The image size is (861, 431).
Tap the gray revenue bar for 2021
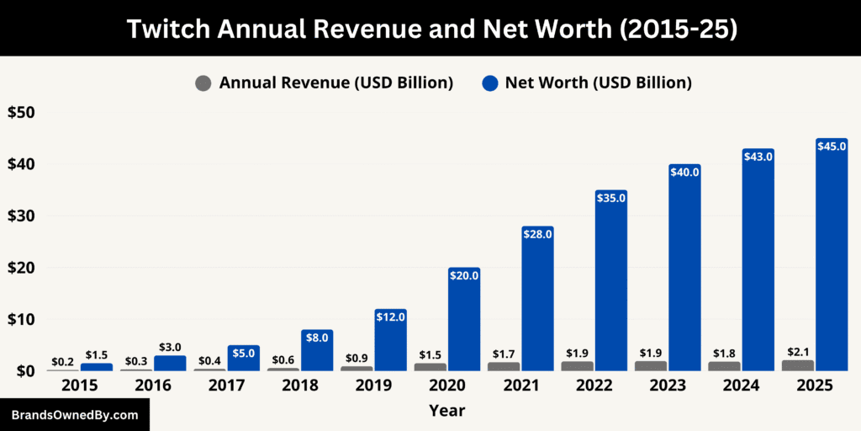point(504,366)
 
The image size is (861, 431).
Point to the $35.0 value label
point(610,198)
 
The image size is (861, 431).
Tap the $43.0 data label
point(758,157)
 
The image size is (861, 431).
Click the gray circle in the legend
point(203,82)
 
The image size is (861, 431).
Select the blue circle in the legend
point(491,82)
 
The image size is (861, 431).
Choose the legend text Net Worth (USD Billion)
point(598,82)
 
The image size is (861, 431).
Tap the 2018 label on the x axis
point(300,386)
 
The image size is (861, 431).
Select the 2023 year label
point(668,386)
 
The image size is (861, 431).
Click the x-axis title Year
point(446,411)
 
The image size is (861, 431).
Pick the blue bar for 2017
point(243,358)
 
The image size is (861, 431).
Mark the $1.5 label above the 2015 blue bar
point(97,355)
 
